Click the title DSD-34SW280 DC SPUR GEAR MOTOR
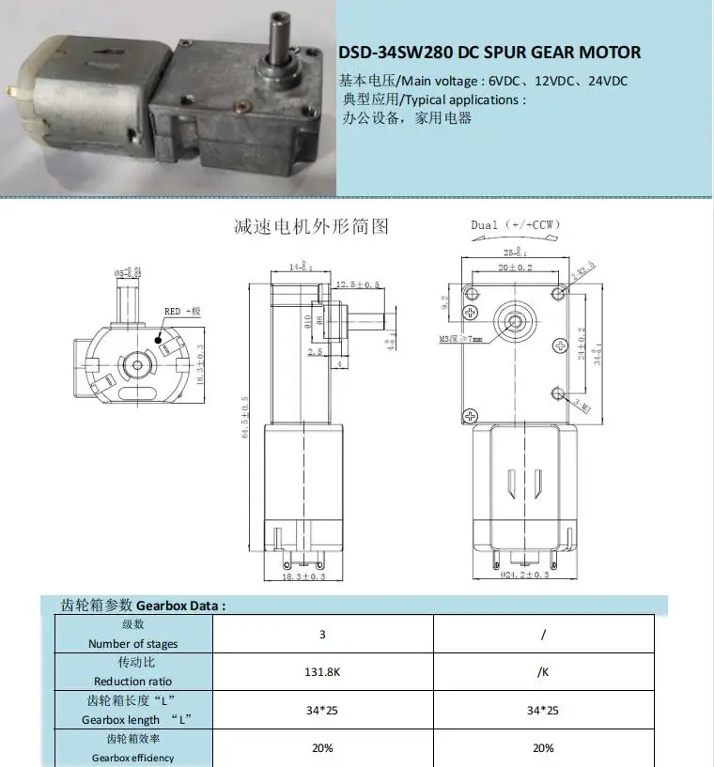(489, 54)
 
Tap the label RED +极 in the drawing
(184, 311)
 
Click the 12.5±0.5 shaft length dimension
(358, 284)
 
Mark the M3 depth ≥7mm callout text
(460, 339)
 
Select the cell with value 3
(322, 635)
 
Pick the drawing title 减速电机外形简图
(310, 226)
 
